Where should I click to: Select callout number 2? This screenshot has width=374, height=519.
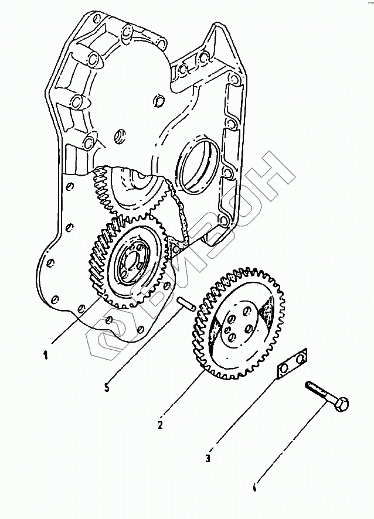(160, 424)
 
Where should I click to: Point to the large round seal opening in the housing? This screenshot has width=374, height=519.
(199, 164)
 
